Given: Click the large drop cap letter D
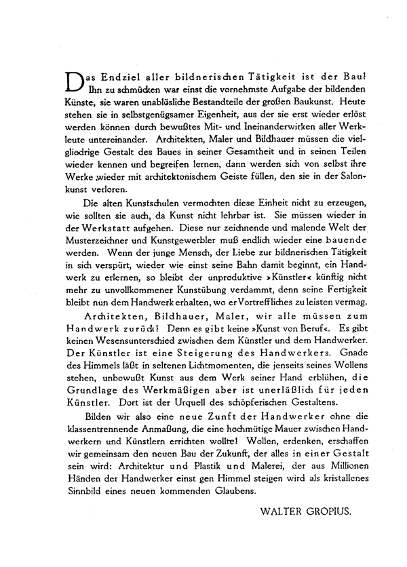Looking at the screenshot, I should (x=71, y=82).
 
